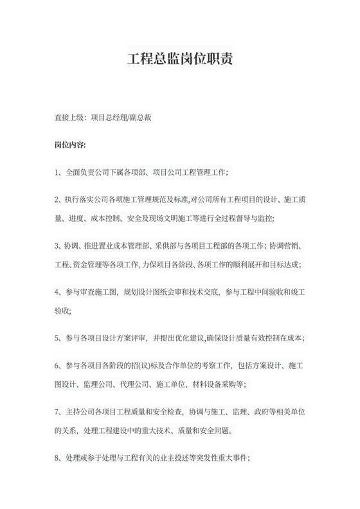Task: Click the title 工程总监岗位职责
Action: coord(179,59)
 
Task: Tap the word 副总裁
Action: coord(139,118)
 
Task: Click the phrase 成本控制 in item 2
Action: coord(114,219)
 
